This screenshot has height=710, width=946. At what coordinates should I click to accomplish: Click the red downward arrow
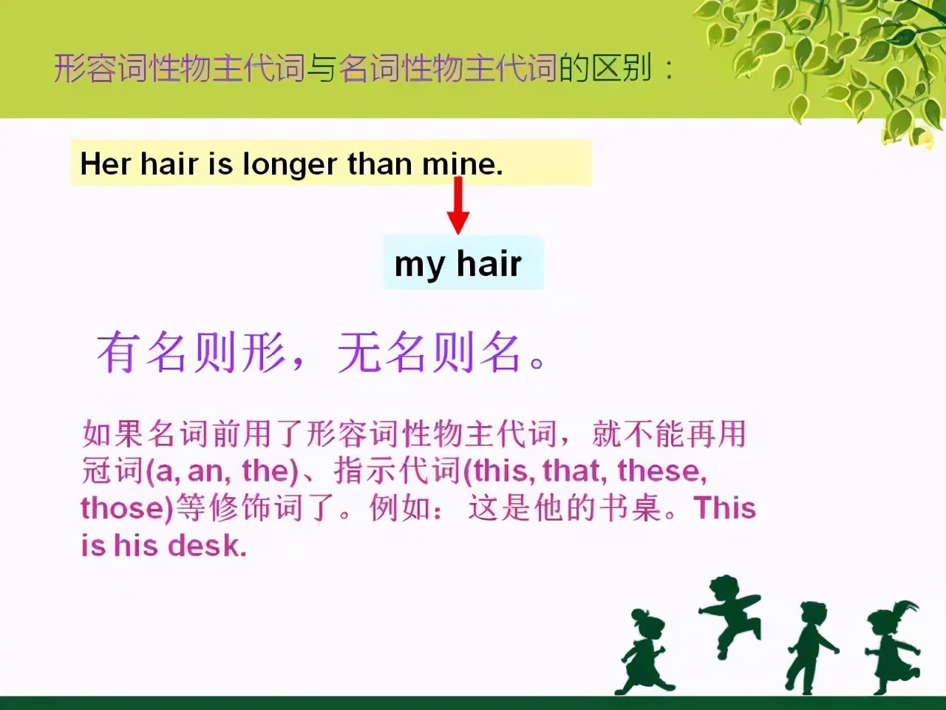tap(458, 205)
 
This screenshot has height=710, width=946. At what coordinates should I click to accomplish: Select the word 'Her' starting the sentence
tap(106, 163)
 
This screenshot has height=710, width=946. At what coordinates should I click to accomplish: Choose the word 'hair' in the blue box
tap(489, 263)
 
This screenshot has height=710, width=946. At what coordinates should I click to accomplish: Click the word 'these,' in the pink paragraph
tap(662, 471)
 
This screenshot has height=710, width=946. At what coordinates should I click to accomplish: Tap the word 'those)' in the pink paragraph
tap(127, 509)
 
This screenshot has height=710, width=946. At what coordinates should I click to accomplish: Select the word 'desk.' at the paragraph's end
tap(207, 546)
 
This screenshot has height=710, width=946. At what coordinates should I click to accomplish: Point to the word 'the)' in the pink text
tap(270, 471)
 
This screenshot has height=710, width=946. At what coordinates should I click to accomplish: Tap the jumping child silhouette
tap(729, 617)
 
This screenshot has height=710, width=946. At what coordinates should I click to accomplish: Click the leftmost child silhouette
tap(644, 651)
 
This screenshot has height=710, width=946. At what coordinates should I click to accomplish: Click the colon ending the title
tap(670, 71)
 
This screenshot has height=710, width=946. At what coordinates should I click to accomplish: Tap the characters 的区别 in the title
tap(605, 68)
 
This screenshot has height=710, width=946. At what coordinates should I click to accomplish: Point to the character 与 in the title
tap(321, 68)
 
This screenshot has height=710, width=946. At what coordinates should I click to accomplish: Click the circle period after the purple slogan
tap(537, 363)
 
